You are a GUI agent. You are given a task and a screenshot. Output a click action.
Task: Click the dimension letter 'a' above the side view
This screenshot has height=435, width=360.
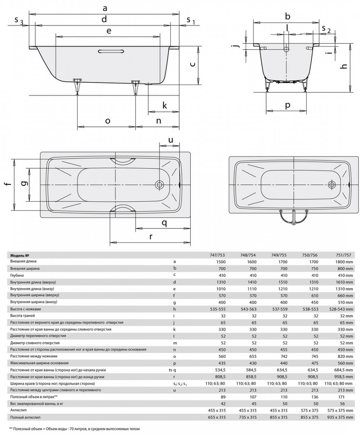click(105, 9)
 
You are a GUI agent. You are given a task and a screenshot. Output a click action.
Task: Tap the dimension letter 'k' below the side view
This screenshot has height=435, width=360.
click(165, 105)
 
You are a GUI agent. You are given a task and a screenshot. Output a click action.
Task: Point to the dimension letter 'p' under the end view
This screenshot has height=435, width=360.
click(287, 105)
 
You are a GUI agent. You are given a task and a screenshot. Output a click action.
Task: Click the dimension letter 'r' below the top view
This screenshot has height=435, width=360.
click(151, 236)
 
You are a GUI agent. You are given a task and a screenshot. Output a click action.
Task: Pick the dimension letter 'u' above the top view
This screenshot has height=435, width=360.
click(171, 140)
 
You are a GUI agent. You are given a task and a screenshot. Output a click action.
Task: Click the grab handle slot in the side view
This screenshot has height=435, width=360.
click(111, 51)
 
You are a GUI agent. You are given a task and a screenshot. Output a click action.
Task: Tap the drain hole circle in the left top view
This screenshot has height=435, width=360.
click(160, 185)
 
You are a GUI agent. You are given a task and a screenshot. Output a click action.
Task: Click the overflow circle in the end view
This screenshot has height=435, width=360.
click(287, 49)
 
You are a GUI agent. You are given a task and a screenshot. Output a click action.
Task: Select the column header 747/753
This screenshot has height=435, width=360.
click(218, 255)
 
